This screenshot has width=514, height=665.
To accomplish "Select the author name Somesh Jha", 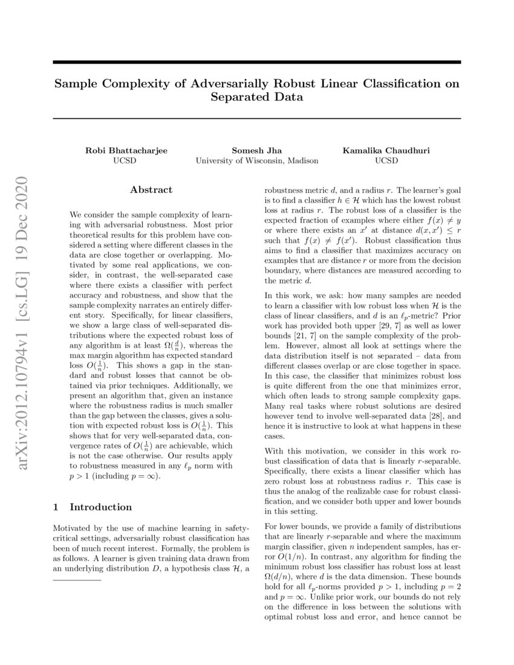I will [x=256, y=151].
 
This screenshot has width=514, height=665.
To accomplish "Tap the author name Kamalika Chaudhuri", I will [x=386, y=151].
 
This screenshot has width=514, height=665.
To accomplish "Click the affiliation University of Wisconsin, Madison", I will [x=256, y=161].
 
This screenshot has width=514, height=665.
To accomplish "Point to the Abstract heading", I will [x=151, y=190].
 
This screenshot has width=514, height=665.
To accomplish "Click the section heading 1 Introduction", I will [x=93, y=507].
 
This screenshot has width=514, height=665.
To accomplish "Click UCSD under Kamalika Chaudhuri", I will [x=386, y=161].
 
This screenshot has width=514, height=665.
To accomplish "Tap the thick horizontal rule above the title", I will [x=256, y=62].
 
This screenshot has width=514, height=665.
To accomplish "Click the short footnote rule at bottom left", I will [x=77, y=580].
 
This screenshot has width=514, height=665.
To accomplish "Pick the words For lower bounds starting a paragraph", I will [x=297, y=526].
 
